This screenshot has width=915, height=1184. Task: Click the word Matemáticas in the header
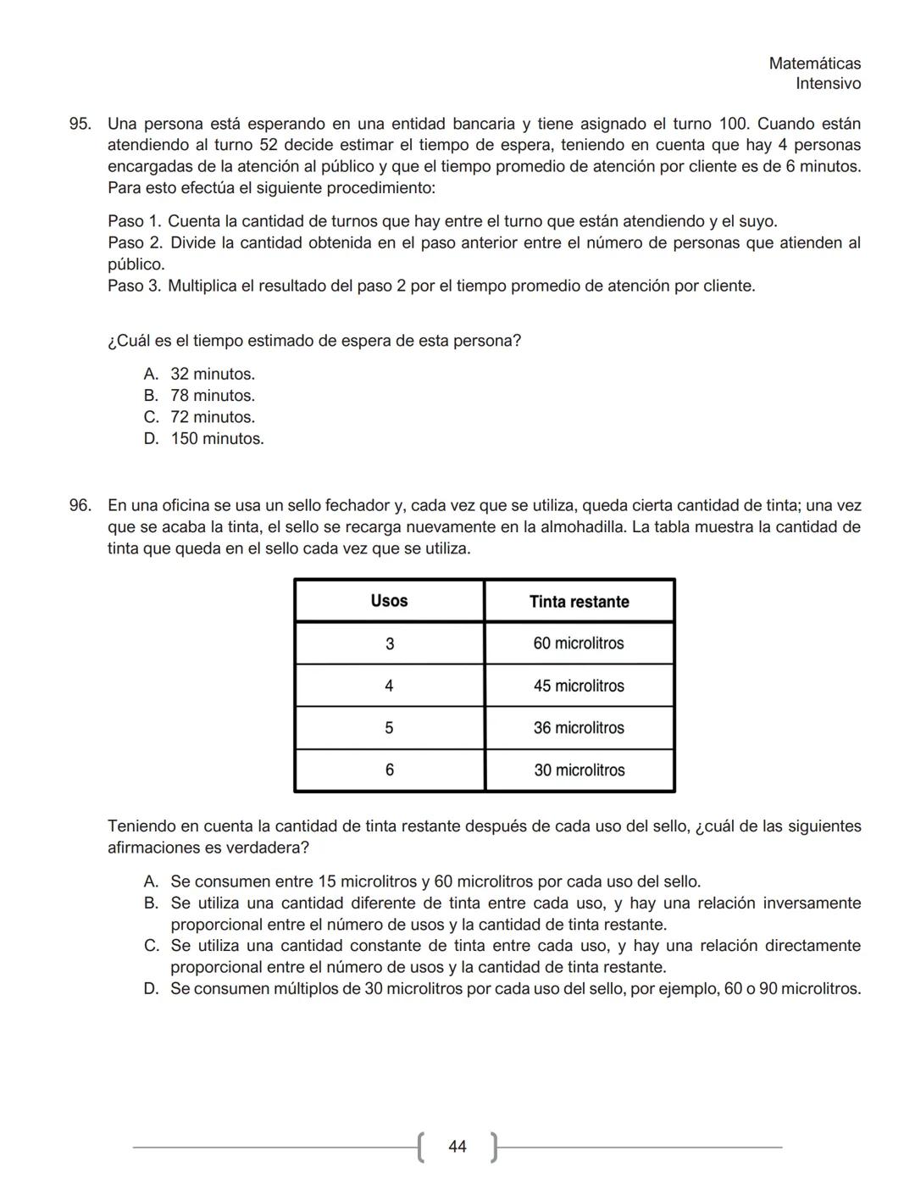[x=814, y=64]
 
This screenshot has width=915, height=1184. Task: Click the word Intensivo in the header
[x=828, y=84]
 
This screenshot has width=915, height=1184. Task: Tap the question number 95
[x=80, y=124]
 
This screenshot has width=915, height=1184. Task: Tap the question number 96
[x=80, y=506]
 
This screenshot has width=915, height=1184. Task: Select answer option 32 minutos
[x=212, y=375]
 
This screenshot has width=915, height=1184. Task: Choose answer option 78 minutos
[x=212, y=396]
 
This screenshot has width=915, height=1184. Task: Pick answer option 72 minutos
[x=212, y=417]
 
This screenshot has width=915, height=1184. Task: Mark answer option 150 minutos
[x=217, y=439]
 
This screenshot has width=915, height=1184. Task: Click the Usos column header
[x=389, y=601]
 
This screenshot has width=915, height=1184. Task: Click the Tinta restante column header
[x=579, y=602]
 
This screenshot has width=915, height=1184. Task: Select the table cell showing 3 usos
[x=389, y=644]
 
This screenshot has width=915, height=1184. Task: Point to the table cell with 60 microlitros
[x=579, y=643]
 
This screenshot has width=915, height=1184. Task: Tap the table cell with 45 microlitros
[x=579, y=686]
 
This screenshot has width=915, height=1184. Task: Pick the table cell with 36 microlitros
[x=579, y=728]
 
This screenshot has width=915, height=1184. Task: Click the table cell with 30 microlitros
[x=579, y=770]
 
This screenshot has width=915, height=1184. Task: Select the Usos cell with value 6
[x=389, y=770]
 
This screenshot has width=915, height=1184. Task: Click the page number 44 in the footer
[x=457, y=1147]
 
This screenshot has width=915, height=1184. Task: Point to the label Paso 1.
[x=134, y=222]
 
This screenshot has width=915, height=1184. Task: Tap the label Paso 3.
[x=134, y=286]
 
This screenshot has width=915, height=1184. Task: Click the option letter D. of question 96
[x=152, y=989]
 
